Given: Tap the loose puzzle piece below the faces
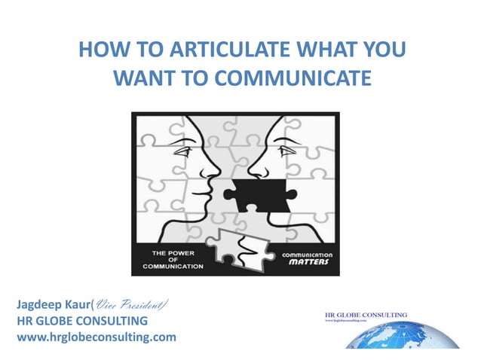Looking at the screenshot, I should click(239, 245).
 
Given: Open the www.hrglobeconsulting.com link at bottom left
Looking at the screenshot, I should click(96, 337).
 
